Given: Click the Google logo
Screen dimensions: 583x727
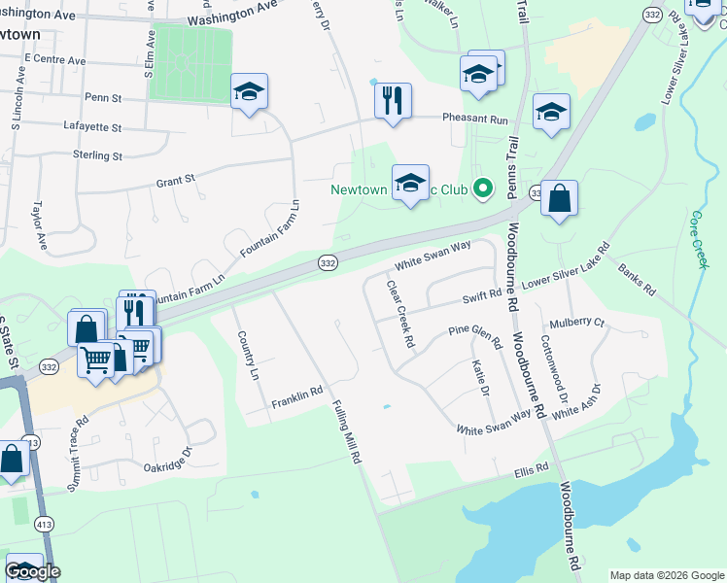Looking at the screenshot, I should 32,571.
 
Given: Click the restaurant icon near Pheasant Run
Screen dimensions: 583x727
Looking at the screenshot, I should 393,100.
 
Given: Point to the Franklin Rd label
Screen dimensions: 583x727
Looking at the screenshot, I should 296,396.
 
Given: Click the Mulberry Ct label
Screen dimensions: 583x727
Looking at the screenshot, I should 576,323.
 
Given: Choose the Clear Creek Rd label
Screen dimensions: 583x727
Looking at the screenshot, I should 400,315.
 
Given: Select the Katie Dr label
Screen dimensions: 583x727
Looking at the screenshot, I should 478,377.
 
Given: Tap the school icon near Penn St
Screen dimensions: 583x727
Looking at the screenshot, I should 249,93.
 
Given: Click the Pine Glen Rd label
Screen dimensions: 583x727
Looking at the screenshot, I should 474,336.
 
